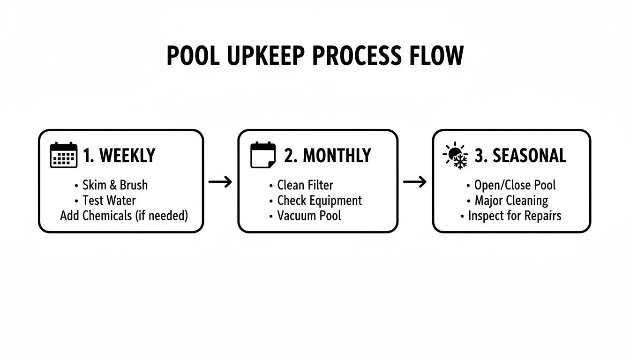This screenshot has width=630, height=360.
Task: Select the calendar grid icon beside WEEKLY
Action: (63, 155)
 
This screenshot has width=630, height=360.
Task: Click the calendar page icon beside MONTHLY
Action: (263, 155)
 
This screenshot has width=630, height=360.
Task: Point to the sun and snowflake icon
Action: (455, 155)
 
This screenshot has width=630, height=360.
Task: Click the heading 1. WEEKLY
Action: (119, 156)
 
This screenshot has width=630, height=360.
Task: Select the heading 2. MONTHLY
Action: (327, 156)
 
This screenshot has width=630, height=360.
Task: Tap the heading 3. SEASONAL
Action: (520, 156)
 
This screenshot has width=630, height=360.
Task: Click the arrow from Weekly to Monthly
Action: (220, 182)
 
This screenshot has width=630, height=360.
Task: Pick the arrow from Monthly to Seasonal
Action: (415, 182)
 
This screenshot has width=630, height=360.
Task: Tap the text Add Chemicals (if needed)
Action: (124, 216)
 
